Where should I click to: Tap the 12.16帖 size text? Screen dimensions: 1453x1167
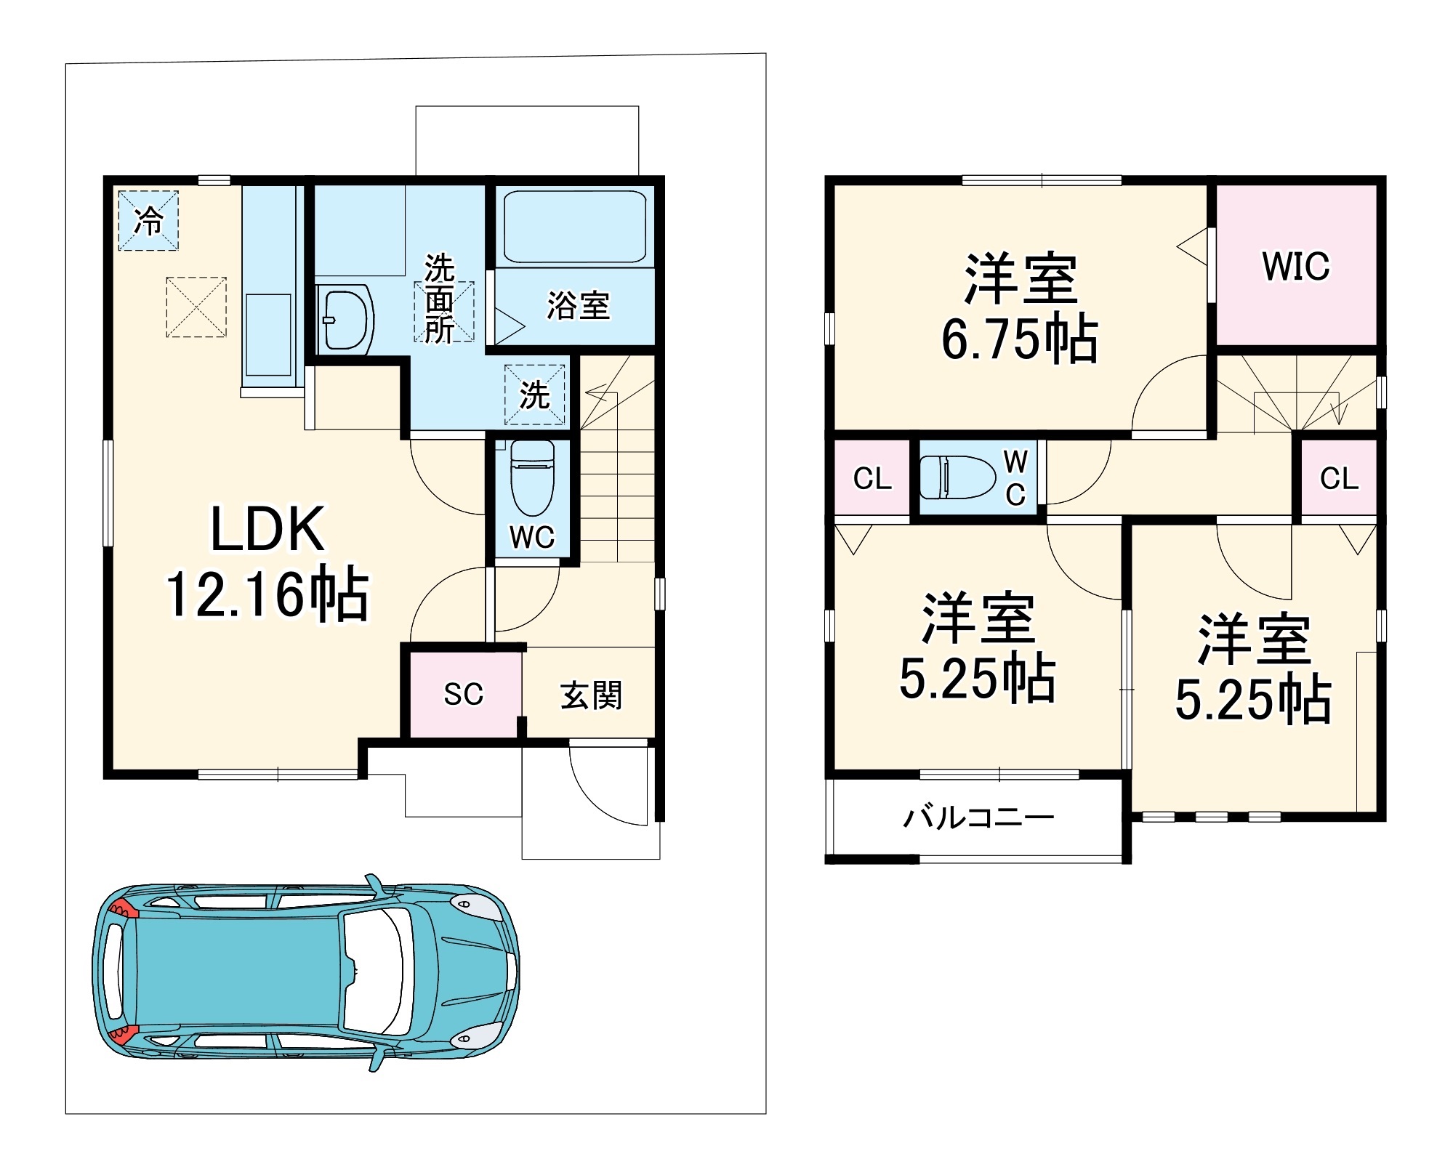[267, 594]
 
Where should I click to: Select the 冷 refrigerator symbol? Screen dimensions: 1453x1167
[148, 220]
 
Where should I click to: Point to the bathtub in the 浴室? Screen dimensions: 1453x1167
[575, 226]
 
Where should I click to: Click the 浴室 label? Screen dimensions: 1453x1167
[578, 305]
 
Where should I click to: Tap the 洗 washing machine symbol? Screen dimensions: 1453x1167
[535, 395]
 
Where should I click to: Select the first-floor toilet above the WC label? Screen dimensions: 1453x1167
[533, 477]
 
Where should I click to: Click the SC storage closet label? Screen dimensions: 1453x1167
[463, 694]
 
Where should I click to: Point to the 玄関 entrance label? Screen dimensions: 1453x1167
[591, 695]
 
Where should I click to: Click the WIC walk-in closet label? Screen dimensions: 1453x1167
[1296, 266]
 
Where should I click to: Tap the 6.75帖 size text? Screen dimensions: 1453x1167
[1020, 339]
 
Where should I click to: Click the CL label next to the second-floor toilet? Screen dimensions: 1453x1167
[872, 478]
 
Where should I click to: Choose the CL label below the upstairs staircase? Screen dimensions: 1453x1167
[1339, 478]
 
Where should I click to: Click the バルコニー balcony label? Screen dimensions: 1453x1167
[978, 817]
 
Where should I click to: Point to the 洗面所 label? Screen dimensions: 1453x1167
[440, 298]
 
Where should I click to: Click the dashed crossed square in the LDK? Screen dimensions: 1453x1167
[196, 307]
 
